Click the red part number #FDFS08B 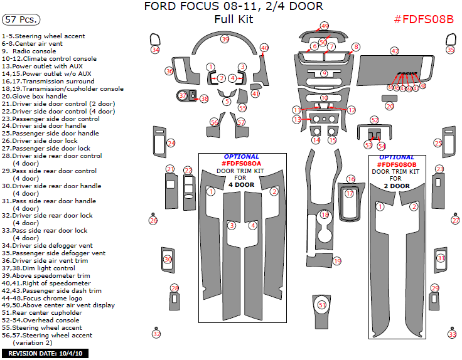coord(423,19)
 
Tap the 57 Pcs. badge coord(19,19)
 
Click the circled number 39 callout coord(225,40)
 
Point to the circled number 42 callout coord(394,51)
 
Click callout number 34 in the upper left coord(155,50)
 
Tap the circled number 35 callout coord(450,50)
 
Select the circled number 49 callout coord(325,26)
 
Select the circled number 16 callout coord(351,179)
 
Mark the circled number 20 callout coord(389,107)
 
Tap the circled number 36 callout coord(169,71)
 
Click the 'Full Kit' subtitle coord(234,19)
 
